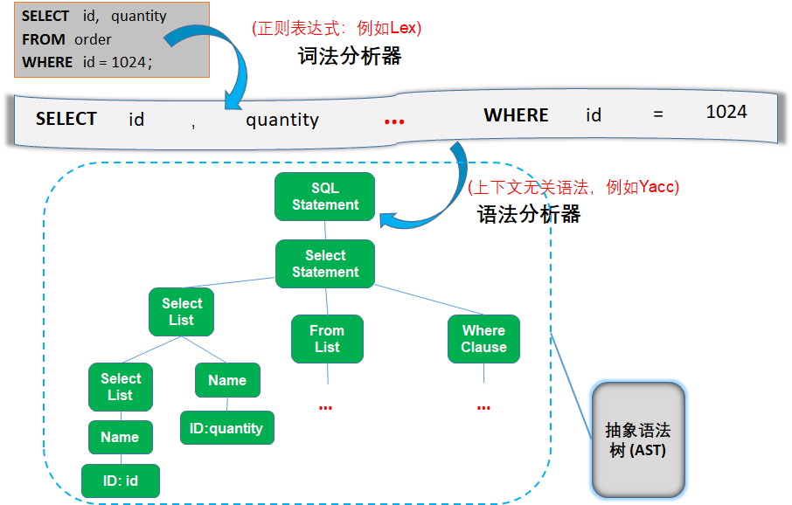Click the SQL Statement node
click(324, 197)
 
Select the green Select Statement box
click(324, 264)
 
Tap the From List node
click(327, 339)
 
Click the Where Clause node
click(483, 339)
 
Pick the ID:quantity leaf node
click(226, 428)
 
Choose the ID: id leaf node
click(120, 481)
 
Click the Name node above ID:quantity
click(226, 380)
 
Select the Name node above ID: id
click(120, 437)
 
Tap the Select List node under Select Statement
click(182, 312)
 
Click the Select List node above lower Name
click(121, 387)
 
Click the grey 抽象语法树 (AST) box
click(637, 440)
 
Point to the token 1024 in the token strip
click(726, 112)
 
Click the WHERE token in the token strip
click(516, 115)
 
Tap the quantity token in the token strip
click(282, 120)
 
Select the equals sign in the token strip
click(657, 114)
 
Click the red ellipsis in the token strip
click(394, 121)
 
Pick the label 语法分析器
click(529, 214)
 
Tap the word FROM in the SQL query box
click(44, 39)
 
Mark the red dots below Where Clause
click(483, 408)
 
